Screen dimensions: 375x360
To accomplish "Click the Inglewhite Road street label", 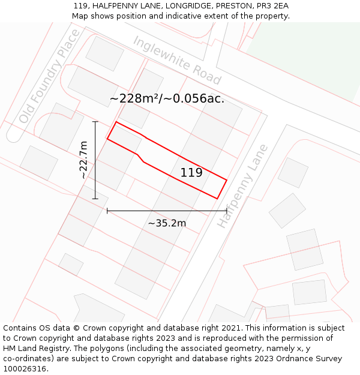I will [177, 60].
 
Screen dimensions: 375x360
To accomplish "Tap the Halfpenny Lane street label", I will [242, 186].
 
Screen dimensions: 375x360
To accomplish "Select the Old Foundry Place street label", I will [49, 76].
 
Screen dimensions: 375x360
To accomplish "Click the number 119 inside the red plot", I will [191, 173].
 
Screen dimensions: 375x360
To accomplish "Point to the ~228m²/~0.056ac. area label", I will [167, 98].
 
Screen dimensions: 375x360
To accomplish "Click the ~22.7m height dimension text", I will [83, 160].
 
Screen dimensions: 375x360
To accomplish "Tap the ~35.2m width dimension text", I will [167, 223].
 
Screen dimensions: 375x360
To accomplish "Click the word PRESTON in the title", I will [231, 5].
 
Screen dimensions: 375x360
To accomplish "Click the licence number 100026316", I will [25, 369].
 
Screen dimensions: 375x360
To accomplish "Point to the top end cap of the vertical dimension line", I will [95, 122].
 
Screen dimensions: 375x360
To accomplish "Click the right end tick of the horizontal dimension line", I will [226, 211].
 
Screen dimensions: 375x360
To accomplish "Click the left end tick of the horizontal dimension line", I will [107, 211].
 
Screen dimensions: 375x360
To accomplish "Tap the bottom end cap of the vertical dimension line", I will [95, 198].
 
